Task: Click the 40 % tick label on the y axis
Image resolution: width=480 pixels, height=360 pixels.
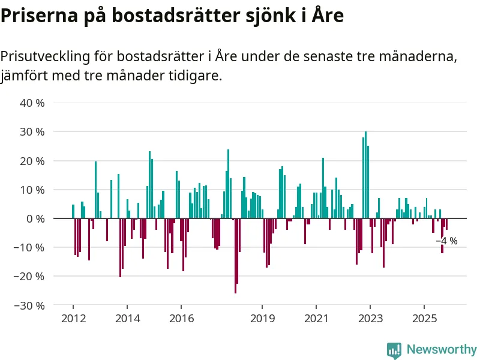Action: pyautogui.click(x=32, y=103)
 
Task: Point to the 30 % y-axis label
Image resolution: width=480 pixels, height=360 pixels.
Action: pyautogui.click(x=32, y=131)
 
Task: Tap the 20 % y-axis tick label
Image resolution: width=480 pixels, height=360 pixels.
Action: pyautogui.click(x=32, y=161)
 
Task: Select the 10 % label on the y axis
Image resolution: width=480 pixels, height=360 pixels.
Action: pyautogui.click(x=32, y=190)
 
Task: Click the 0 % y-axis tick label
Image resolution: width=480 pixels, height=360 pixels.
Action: pyautogui.click(x=35, y=218)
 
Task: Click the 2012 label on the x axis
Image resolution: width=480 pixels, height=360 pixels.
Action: pyautogui.click(x=73, y=317)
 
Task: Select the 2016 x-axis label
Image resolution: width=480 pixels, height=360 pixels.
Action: pyautogui.click(x=181, y=317)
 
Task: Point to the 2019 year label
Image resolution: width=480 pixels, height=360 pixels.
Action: pyautogui.click(x=262, y=317)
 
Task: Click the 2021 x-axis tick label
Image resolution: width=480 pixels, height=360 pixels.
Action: pyautogui.click(x=316, y=317)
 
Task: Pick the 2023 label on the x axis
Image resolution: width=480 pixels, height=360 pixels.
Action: pyautogui.click(x=370, y=317)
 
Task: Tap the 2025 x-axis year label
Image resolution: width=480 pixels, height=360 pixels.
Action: pyautogui.click(x=424, y=317)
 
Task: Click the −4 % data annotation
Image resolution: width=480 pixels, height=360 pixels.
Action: pyautogui.click(x=446, y=241)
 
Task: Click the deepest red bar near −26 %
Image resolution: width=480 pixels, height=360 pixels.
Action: pyautogui.click(x=235, y=256)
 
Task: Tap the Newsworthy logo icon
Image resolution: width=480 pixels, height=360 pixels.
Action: pyautogui.click(x=394, y=349)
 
